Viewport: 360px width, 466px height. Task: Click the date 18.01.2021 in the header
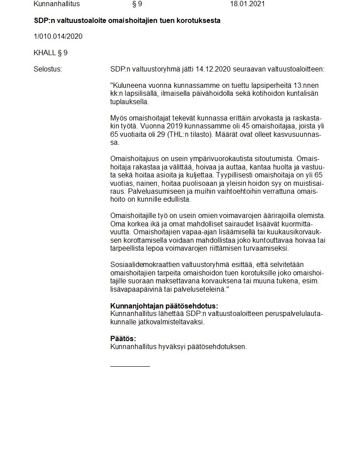247,4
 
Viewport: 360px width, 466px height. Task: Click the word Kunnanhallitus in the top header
57,4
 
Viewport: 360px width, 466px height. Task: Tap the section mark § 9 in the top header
137,4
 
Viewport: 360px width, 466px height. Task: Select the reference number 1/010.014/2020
58,36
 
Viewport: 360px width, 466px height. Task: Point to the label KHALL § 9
50,53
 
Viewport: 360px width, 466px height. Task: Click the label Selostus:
48,69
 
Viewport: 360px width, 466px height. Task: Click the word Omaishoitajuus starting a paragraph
134,158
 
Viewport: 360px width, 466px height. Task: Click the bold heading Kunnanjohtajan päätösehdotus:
164,306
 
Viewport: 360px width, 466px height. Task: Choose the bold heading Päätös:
123,339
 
